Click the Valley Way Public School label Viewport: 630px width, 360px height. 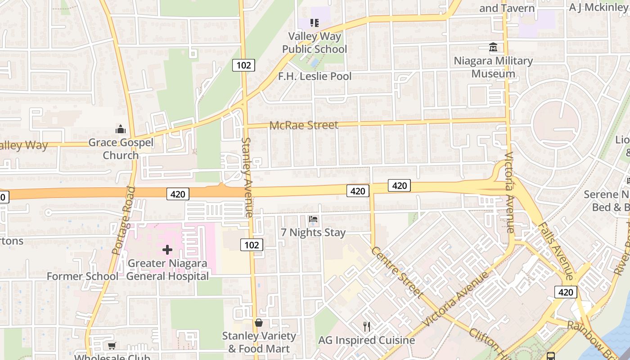(x=315, y=43)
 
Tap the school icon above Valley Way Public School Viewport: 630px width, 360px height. (x=314, y=22)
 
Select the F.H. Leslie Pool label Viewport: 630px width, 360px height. (x=315, y=76)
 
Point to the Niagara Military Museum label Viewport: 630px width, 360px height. (x=493, y=67)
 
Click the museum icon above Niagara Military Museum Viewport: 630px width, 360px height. (x=493, y=47)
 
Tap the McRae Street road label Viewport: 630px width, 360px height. (x=304, y=125)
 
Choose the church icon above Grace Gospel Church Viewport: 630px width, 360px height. (x=121, y=130)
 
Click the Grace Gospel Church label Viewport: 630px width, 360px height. (x=121, y=149)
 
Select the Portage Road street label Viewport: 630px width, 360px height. (x=125, y=220)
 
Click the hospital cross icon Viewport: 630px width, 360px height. (x=167, y=250)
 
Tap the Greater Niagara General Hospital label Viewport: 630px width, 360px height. (x=167, y=270)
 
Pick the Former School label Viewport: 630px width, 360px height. (x=82, y=276)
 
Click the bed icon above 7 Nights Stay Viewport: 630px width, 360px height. (x=314, y=219)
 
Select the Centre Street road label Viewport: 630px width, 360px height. (x=398, y=272)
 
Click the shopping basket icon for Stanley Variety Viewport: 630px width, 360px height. (x=259, y=323)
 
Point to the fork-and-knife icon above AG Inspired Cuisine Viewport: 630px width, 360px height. (x=367, y=327)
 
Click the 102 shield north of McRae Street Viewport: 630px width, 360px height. (x=243, y=65)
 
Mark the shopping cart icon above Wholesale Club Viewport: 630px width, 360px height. (x=112, y=346)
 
